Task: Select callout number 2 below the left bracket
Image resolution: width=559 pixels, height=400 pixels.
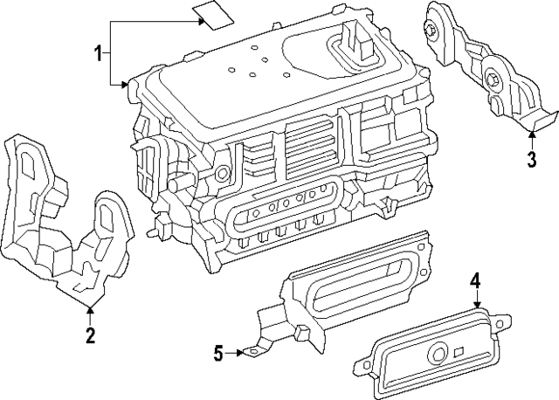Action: (89, 335)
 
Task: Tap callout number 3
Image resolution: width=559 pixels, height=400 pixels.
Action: (532, 160)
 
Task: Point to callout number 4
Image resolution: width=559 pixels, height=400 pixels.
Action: (475, 280)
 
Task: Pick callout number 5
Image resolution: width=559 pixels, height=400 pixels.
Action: (218, 353)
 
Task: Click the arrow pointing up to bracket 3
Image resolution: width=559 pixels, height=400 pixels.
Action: (532, 135)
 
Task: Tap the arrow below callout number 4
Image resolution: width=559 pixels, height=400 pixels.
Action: (476, 300)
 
